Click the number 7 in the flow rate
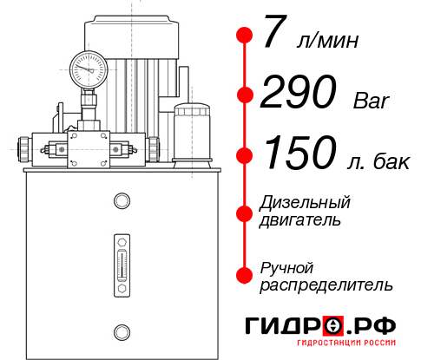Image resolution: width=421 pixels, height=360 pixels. (273, 36)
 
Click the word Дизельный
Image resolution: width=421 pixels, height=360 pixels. (305, 203)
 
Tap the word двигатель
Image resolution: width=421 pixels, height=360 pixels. (300, 220)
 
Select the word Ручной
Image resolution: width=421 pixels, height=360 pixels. (286, 266)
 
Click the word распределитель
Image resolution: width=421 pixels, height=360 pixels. (326, 284)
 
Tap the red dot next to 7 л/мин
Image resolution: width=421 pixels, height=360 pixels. (245, 36)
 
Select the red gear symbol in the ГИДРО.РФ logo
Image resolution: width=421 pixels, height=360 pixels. (332, 326)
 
